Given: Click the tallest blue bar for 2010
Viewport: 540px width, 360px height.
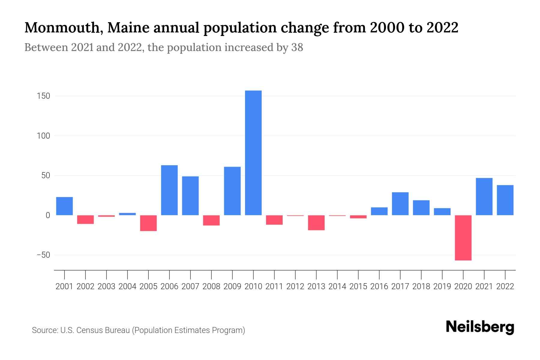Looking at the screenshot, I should coord(253,153).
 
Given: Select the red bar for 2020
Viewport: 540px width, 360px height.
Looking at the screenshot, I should coord(463,238).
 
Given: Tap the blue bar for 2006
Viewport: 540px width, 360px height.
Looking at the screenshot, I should coord(169,190).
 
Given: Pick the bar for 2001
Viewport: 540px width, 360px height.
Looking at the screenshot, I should coord(64,206).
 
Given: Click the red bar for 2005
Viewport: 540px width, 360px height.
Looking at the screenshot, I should coord(148,223).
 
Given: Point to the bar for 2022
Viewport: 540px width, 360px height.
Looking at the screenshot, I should coord(505,200).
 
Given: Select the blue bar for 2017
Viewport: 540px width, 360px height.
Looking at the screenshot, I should coord(400,204).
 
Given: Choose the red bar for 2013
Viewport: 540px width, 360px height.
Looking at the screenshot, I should coord(316,223).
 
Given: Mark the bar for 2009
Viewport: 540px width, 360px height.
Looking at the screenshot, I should coord(232,191).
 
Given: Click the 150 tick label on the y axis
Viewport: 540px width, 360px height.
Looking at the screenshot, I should coord(43,96).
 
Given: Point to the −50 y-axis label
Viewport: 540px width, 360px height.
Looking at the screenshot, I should coord(43,255).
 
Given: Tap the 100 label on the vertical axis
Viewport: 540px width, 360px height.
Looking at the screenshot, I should coord(43,136).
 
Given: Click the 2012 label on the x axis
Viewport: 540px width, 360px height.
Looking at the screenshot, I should coord(295,286).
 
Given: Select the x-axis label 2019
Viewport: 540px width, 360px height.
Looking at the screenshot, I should coord(442,286).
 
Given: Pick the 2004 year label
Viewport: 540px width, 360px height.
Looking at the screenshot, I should coord(127,286).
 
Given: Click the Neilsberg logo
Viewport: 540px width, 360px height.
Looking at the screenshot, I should coord(480,327).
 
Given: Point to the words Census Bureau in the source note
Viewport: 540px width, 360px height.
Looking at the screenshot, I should coord(103,330).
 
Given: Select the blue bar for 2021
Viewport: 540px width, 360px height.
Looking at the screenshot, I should coord(484,196).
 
